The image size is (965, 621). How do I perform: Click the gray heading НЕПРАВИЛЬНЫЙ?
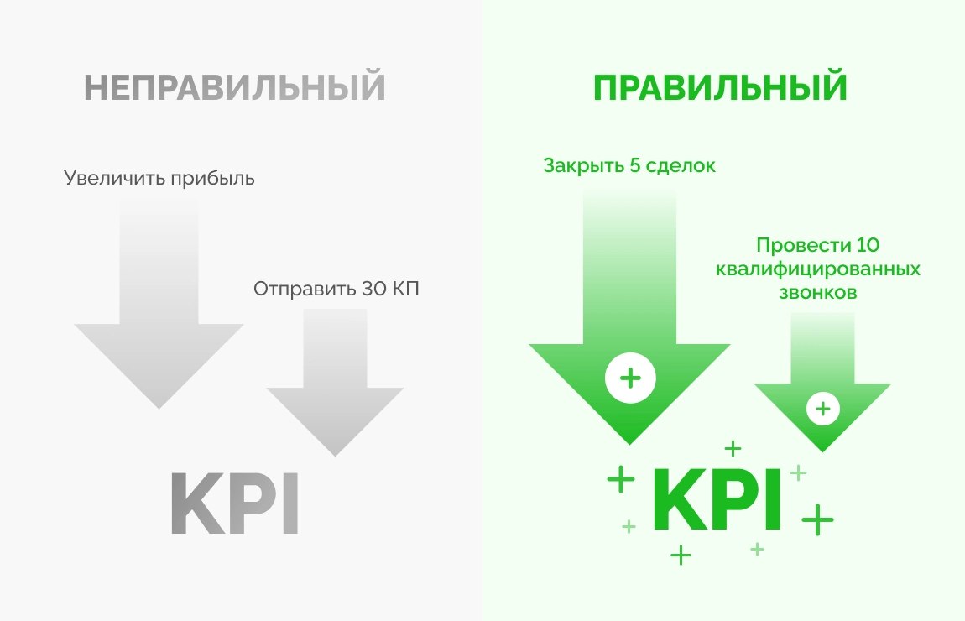(x=234, y=86)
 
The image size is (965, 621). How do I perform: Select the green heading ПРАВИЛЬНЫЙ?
(x=720, y=86)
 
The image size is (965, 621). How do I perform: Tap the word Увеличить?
(x=114, y=179)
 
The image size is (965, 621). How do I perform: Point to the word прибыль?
(x=213, y=179)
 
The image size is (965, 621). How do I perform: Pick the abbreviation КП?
(x=405, y=289)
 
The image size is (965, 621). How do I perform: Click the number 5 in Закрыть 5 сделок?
(x=636, y=165)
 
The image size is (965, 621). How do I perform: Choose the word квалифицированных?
(x=818, y=269)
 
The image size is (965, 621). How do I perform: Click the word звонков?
(x=818, y=292)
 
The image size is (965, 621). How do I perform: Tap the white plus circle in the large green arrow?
(x=630, y=378)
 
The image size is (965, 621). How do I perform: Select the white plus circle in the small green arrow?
(x=823, y=408)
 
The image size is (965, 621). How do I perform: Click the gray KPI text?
(x=234, y=503)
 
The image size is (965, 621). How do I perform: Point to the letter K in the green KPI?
(x=680, y=499)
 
